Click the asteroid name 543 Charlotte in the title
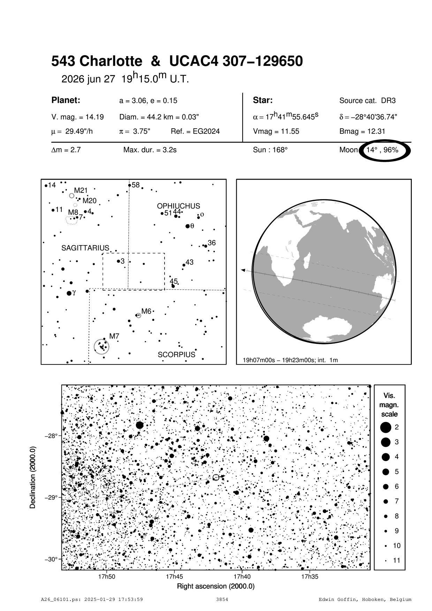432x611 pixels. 97,61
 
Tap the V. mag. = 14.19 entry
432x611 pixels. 77,117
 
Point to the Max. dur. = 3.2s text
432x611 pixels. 150,150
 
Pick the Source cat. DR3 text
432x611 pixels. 367,101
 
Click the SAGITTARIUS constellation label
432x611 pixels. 85,248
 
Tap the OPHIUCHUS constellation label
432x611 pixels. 178,206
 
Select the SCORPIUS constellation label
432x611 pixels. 176,355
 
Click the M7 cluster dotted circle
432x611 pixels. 101,347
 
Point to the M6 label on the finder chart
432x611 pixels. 146,311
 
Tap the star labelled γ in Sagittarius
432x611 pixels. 69,293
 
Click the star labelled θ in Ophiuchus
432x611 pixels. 188,226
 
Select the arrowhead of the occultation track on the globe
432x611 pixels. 243,270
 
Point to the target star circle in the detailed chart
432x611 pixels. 216,477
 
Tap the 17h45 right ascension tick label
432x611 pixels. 174,576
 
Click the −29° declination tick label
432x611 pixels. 51,497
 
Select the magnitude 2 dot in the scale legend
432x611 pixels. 386,427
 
